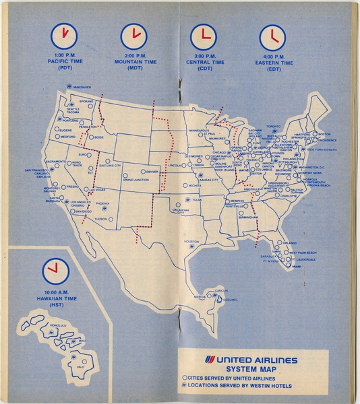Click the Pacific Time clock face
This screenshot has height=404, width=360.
[64, 36]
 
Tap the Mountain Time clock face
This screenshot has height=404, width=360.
[133, 36]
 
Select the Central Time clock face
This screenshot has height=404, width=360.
[203, 36]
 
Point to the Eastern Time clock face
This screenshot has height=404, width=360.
[272, 36]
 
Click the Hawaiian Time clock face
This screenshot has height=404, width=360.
[55, 271]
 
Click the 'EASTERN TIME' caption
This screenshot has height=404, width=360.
[273, 63]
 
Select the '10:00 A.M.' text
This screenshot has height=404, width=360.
[55, 292]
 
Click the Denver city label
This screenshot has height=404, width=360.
[152, 172]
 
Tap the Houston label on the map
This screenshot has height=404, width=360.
[191, 241]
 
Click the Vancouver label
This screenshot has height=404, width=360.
[82, 88]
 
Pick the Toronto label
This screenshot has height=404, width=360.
[272, 126]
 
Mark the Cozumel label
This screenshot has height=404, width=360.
[231, 301]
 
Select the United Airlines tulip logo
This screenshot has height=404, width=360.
[206, 360]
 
